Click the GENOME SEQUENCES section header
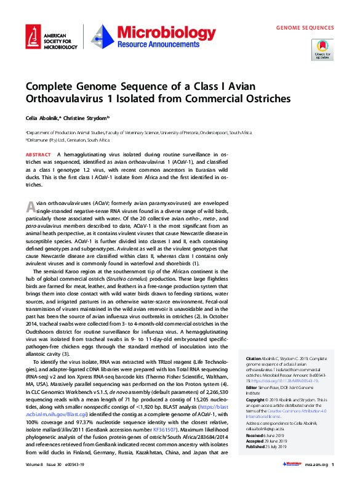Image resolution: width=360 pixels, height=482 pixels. pos(305,28)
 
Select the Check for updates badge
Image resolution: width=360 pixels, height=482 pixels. pos(323,49)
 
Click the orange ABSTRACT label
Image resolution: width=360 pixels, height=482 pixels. pos(38,154)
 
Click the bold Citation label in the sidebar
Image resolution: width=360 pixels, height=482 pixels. pos(254,358)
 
